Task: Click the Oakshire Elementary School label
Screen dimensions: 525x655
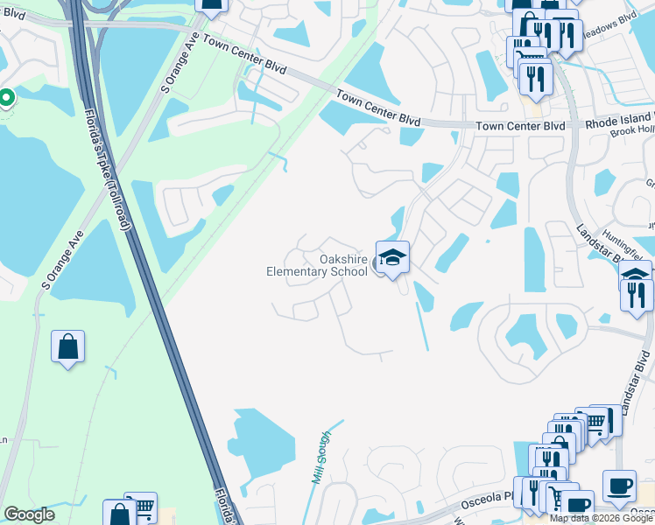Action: click(317, 265)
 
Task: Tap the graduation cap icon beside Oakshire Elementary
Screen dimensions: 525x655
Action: click(393, 257)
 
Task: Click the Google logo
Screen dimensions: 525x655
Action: click(29, 514)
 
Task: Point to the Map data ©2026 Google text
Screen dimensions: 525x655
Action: click(601, 518)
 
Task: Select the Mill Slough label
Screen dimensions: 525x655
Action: click(320, 460)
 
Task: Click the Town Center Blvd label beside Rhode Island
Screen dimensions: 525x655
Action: click(520, 127)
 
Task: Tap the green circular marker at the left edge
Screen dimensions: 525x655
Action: click(5, 98)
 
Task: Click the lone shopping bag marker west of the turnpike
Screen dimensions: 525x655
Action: click(68, 347)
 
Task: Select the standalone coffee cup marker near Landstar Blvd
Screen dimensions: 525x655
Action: click(619, 486)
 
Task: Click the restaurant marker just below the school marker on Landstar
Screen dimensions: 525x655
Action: click(637, 295)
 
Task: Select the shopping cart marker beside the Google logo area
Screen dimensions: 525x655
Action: click(140, 506)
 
